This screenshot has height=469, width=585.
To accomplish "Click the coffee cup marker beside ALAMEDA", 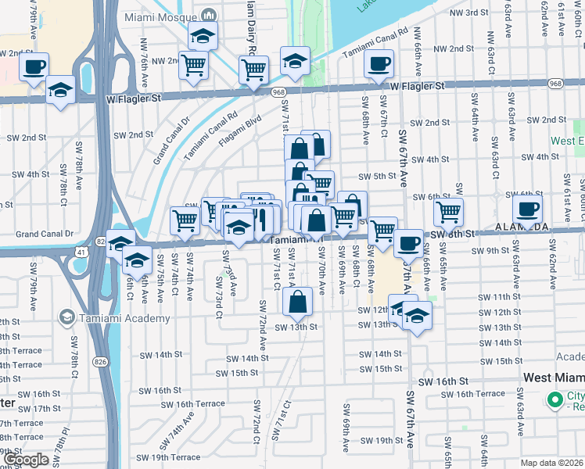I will pos(527,208).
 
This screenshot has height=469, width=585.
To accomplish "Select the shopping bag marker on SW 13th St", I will pos(301,300).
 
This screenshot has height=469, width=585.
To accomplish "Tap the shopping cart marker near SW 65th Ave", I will pos(448,210).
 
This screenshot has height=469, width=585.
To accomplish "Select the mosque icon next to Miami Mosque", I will pos(209,16).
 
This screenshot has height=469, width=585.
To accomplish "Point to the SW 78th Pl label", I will pos(63,449).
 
